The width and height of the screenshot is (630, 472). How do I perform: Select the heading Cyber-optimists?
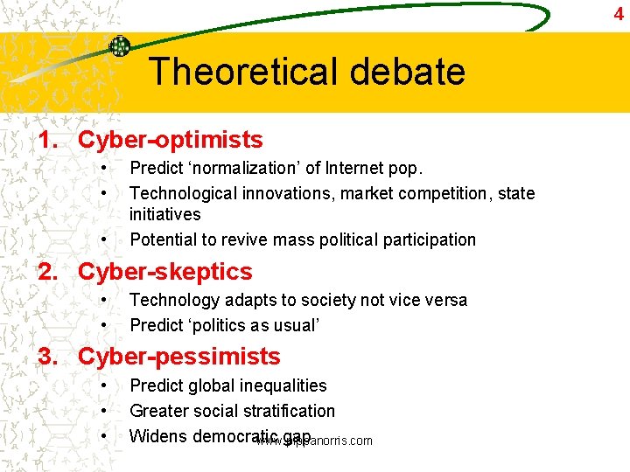point(170,140)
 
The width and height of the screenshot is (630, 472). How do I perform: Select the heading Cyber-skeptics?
point(164,272)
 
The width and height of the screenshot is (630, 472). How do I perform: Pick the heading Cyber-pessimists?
point(178,357)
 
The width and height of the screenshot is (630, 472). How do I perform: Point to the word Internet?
point(359,168)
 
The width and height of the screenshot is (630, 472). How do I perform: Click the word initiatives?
point(164,214)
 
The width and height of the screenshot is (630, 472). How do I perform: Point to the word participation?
point(428,239)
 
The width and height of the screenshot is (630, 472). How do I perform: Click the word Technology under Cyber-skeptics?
point(174,300)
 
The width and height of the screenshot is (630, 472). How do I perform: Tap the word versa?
point(444,300)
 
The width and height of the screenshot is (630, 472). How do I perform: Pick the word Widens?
point(158,435)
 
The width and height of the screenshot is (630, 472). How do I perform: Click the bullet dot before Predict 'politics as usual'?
point(104,325)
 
